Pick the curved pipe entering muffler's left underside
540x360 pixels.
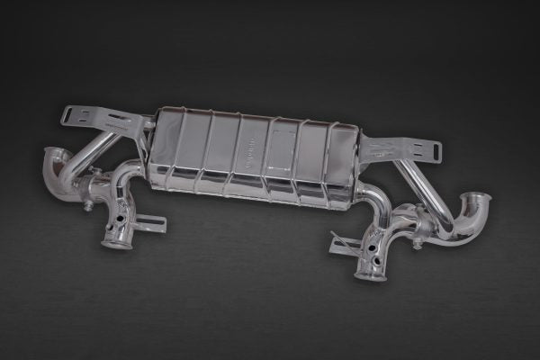[130, 175]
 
